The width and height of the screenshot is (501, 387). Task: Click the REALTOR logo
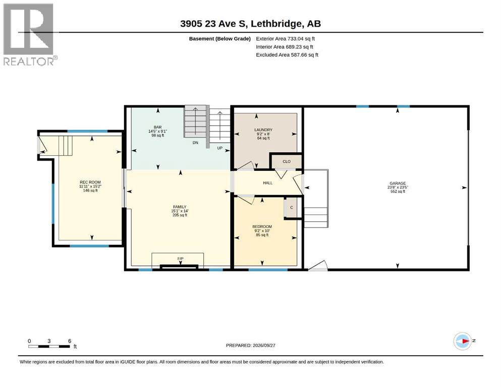pyautogui.click(x=30, y=34)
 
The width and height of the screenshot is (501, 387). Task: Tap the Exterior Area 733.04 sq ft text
pyautogui.click(x=286, y=39)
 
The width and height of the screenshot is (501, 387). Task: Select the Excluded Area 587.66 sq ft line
pyautogui.click(x=287, y=55)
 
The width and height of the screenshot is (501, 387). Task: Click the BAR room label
pyautogui.click(x=157, y=127)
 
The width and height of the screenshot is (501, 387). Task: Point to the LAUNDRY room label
pyautogui.click(x=263, y=130)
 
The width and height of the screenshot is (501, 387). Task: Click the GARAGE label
pyautogui.click(x=398, y=183)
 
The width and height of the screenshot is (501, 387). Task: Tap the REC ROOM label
pyautogui.click(x=90, y=182)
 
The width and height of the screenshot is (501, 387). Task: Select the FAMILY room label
pyautogui.click(x=180, y=207)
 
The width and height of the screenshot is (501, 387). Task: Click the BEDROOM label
pyautogui.click(x=262, y=227)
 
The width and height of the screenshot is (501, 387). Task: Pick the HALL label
pyautogui.click(x=268, y=183)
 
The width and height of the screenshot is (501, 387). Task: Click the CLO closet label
pyautogui.click(x=287, y=161)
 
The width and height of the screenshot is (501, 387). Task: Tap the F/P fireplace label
pyautogui.click(x=181, y=259)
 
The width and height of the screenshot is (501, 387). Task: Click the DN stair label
pyautogui.click(x=195, y=143)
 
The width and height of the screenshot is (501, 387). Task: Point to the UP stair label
pyautogui.click(x=220, y=148)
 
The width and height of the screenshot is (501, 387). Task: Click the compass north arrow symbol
pyautogui.click(x=463, y=341)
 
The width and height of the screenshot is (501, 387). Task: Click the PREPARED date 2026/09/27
pyautogui.click(x=250, y=345)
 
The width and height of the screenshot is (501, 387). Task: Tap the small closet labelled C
pyautogui.click(x=292, y=208)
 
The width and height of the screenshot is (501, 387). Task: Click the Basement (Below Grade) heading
pyautogui.click(x=220, y=39)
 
